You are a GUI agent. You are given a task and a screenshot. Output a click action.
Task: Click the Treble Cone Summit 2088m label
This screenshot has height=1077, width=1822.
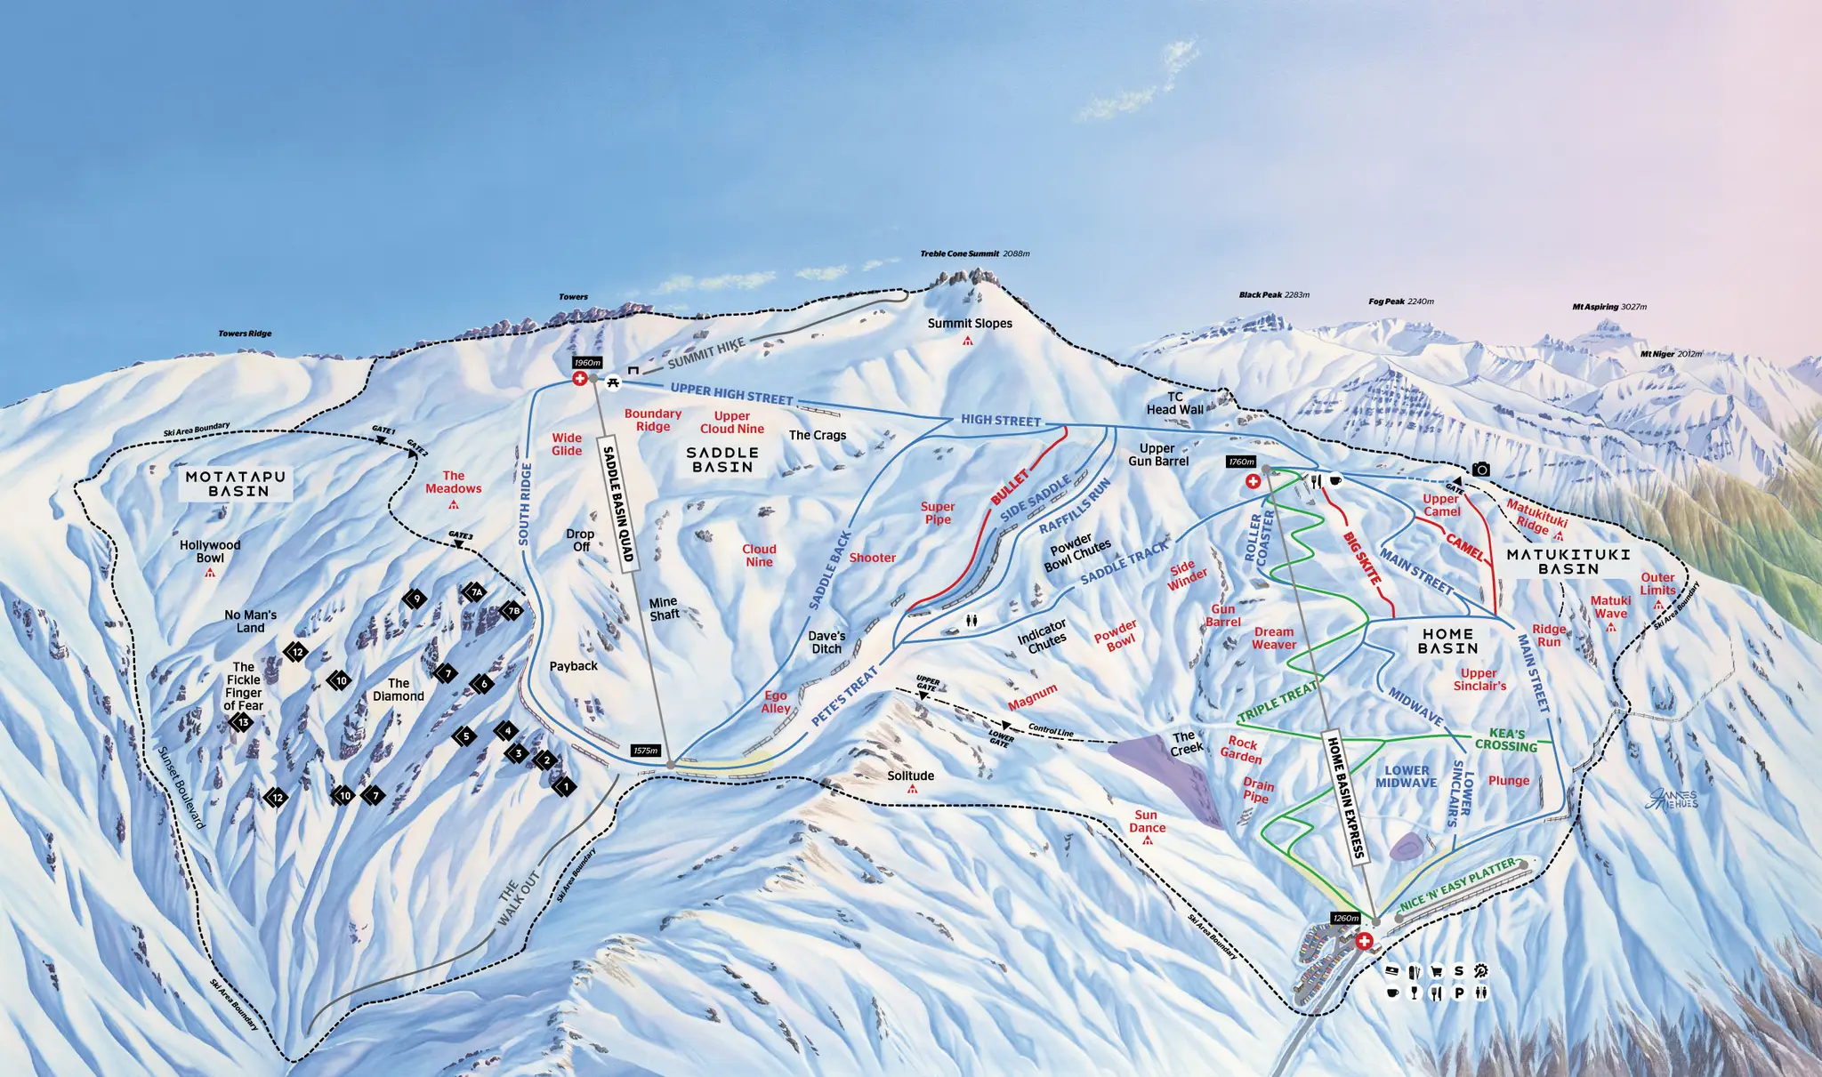[974, 253]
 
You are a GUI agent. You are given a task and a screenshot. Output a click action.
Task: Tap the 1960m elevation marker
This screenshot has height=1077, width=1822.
[587, 363]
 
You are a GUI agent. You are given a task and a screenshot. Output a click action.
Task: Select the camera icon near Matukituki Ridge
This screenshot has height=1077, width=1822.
[1481, 469]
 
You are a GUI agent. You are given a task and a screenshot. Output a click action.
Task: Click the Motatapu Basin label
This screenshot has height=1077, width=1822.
[236, 483]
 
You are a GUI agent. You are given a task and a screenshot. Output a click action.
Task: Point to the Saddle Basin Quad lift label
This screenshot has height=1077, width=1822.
[618, 503]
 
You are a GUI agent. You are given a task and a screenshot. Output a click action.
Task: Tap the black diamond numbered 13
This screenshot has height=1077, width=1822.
[242, 722]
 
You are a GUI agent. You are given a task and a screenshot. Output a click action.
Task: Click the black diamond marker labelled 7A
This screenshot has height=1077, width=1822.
[476, 592]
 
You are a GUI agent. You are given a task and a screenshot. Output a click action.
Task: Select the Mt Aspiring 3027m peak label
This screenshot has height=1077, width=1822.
[1608, 307]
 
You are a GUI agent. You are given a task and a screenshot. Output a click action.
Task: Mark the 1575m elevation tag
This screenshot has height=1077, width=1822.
[645, 751]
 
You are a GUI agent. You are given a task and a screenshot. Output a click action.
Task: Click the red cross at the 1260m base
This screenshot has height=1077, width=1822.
[1364, 941]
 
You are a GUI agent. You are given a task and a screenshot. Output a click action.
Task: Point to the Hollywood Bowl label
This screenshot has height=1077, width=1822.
[210, 551]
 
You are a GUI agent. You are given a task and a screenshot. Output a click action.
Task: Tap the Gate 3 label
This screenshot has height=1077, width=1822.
[460, 534]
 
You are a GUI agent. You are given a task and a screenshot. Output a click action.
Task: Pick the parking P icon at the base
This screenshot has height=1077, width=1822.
[1459, 993]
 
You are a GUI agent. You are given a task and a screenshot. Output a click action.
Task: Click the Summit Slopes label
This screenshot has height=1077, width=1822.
[970, 324]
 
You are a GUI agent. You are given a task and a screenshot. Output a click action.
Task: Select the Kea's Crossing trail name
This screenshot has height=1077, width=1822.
[1506, 740]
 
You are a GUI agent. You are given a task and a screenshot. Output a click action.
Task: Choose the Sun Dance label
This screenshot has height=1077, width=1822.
[1147, 821]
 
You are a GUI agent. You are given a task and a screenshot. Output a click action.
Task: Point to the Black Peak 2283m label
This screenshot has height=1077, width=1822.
[1274, 294]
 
